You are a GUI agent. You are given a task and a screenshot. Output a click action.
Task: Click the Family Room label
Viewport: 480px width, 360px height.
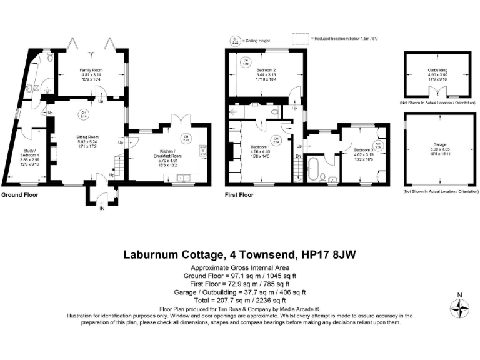pos(90,69)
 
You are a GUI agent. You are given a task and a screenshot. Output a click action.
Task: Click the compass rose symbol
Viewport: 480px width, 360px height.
pos(460,307)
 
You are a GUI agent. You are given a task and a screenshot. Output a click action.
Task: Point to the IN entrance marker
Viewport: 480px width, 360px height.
pos(102,208)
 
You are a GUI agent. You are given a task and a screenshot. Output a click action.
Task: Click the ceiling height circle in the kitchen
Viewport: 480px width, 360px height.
pos(186,138)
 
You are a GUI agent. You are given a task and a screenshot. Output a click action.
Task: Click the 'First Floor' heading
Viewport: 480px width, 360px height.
pos(239,195)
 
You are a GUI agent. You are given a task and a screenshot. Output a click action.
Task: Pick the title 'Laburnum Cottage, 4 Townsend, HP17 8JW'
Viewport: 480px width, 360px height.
pos(239,255)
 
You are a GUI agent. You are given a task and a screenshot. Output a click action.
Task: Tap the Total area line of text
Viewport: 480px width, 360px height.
pos(239,300)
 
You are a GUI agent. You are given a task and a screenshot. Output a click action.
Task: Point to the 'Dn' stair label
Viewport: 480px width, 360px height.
pos(298,156)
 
